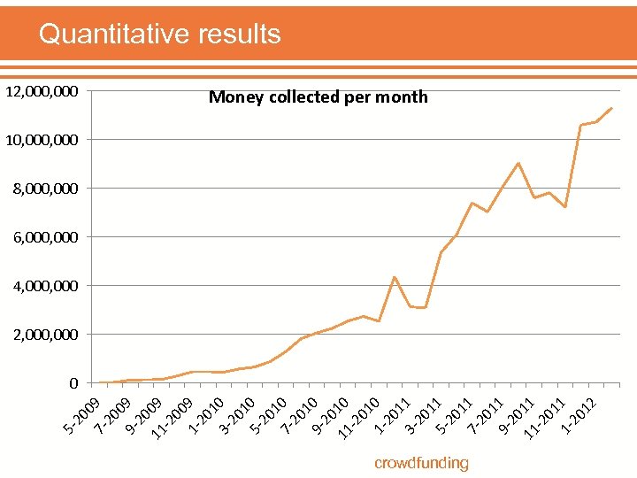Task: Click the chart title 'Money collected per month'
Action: [x=318, y=97]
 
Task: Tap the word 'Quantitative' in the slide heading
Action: [x=112, y=34]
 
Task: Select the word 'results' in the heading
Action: [x=237, y=34]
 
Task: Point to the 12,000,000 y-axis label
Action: [x=42, y=91]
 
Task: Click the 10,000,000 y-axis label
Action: [x=42, y=140]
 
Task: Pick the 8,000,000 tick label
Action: [x=45, y=189]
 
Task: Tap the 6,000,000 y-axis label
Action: [x=45, y=237]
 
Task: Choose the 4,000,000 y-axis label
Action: [x=45, y=286]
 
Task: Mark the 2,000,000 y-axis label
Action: [x=45, y=335]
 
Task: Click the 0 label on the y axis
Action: [x=73, y=383]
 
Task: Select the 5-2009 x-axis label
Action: [x=81, y=417]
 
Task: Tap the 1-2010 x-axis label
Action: [x=205, y=417]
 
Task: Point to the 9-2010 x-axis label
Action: [x=329, y=417]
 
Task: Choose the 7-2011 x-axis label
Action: [x=485, y=417]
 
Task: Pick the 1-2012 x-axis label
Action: [x=579, y=417]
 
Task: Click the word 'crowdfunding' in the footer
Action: [x=421, y=463]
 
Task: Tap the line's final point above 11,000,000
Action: [x=611, y=108]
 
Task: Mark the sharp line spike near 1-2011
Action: [x=395, y=277]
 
